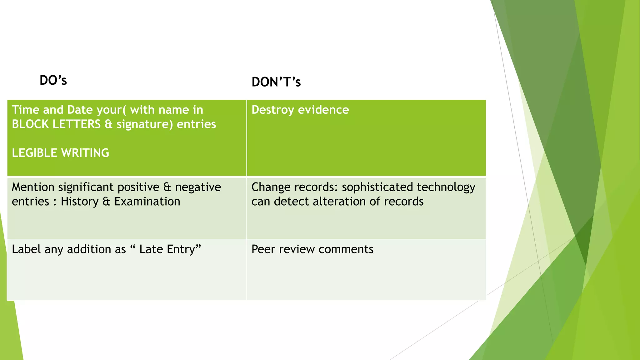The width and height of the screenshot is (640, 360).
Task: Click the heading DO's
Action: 53,81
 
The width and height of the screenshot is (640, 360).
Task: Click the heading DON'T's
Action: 276,82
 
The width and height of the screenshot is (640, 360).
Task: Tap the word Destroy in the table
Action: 272,110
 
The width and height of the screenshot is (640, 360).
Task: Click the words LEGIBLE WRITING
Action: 60,153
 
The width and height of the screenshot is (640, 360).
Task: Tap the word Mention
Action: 33,187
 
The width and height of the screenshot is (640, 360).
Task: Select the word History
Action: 80,202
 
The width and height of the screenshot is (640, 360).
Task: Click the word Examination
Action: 147,202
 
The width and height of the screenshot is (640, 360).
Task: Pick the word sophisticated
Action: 377,187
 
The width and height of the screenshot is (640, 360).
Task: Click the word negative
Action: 198,187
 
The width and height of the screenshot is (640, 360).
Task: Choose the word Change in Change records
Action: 271,187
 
